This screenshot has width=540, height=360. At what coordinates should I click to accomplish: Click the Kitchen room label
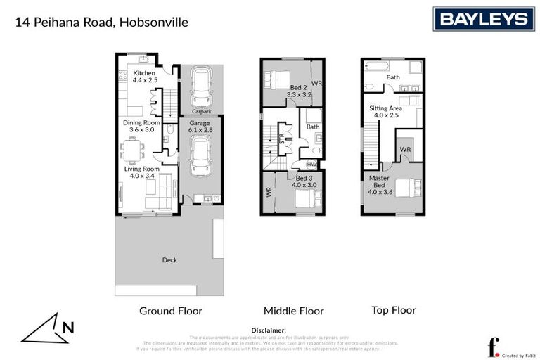(x=144, y=77)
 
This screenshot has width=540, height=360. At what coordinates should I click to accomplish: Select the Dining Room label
(x=143, y=125)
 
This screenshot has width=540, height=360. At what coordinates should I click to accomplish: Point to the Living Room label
(x=143, y=172)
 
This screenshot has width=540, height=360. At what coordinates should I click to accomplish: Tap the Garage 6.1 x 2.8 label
(x=200, y=126)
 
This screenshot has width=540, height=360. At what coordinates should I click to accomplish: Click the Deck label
(x=169, y=260)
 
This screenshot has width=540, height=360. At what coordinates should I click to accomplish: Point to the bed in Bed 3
(x=304, y=198)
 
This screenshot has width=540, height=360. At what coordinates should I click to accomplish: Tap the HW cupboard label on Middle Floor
(x=311, y=165)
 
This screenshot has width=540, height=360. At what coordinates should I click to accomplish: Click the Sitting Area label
(x=387, y=111)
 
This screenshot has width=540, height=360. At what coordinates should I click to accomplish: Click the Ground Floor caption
(x=170, y=311)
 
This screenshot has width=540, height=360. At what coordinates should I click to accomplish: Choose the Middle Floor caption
(x=293, y=311)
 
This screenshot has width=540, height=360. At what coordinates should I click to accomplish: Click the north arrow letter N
(x=68, y=326)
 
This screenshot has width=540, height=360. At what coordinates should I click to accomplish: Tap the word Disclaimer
(x=269, y=330)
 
